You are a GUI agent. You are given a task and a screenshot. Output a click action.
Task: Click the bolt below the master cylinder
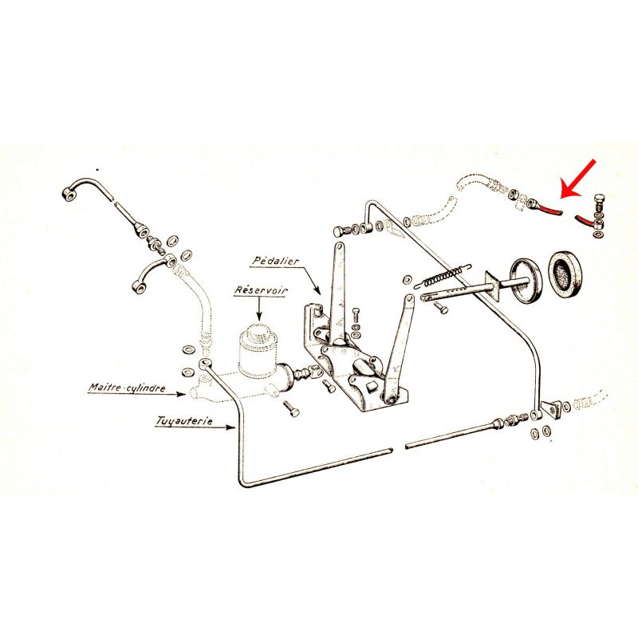(x=289, y=408)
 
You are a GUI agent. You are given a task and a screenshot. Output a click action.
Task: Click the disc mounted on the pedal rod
(x=526, y=279)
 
